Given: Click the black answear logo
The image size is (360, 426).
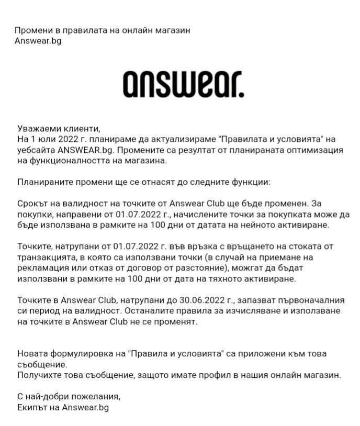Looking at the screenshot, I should point(183,84).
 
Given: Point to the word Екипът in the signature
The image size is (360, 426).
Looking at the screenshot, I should point(32,407).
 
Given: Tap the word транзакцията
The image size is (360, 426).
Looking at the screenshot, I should point(49,257).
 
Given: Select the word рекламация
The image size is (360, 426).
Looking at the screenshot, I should point(43,268).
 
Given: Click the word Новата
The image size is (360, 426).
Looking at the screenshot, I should point(32,353).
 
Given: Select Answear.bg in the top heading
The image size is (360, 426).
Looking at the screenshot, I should point(38,40).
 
